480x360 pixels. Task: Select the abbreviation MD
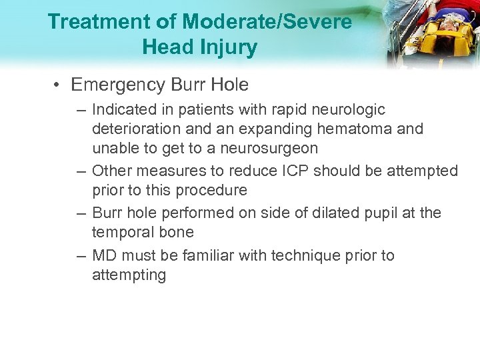[104, 255]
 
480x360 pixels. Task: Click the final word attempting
[129, 275]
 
